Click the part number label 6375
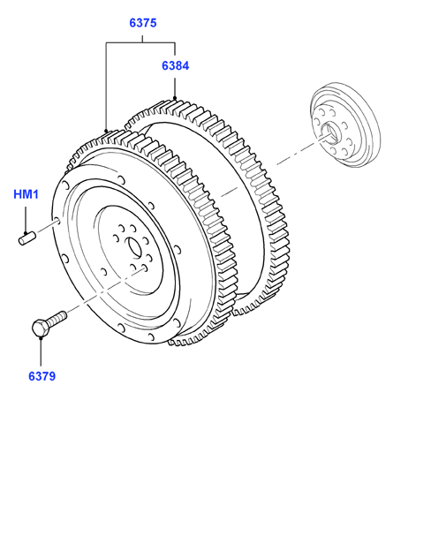point(142,23)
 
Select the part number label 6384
point(176,66)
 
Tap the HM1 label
point(26,194)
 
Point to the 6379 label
point(42,376)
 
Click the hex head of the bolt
point(41,328)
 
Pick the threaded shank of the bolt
point(57,318)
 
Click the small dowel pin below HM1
point(27,238)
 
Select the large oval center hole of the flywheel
point(134,247)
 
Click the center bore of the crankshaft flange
point(330,132)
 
